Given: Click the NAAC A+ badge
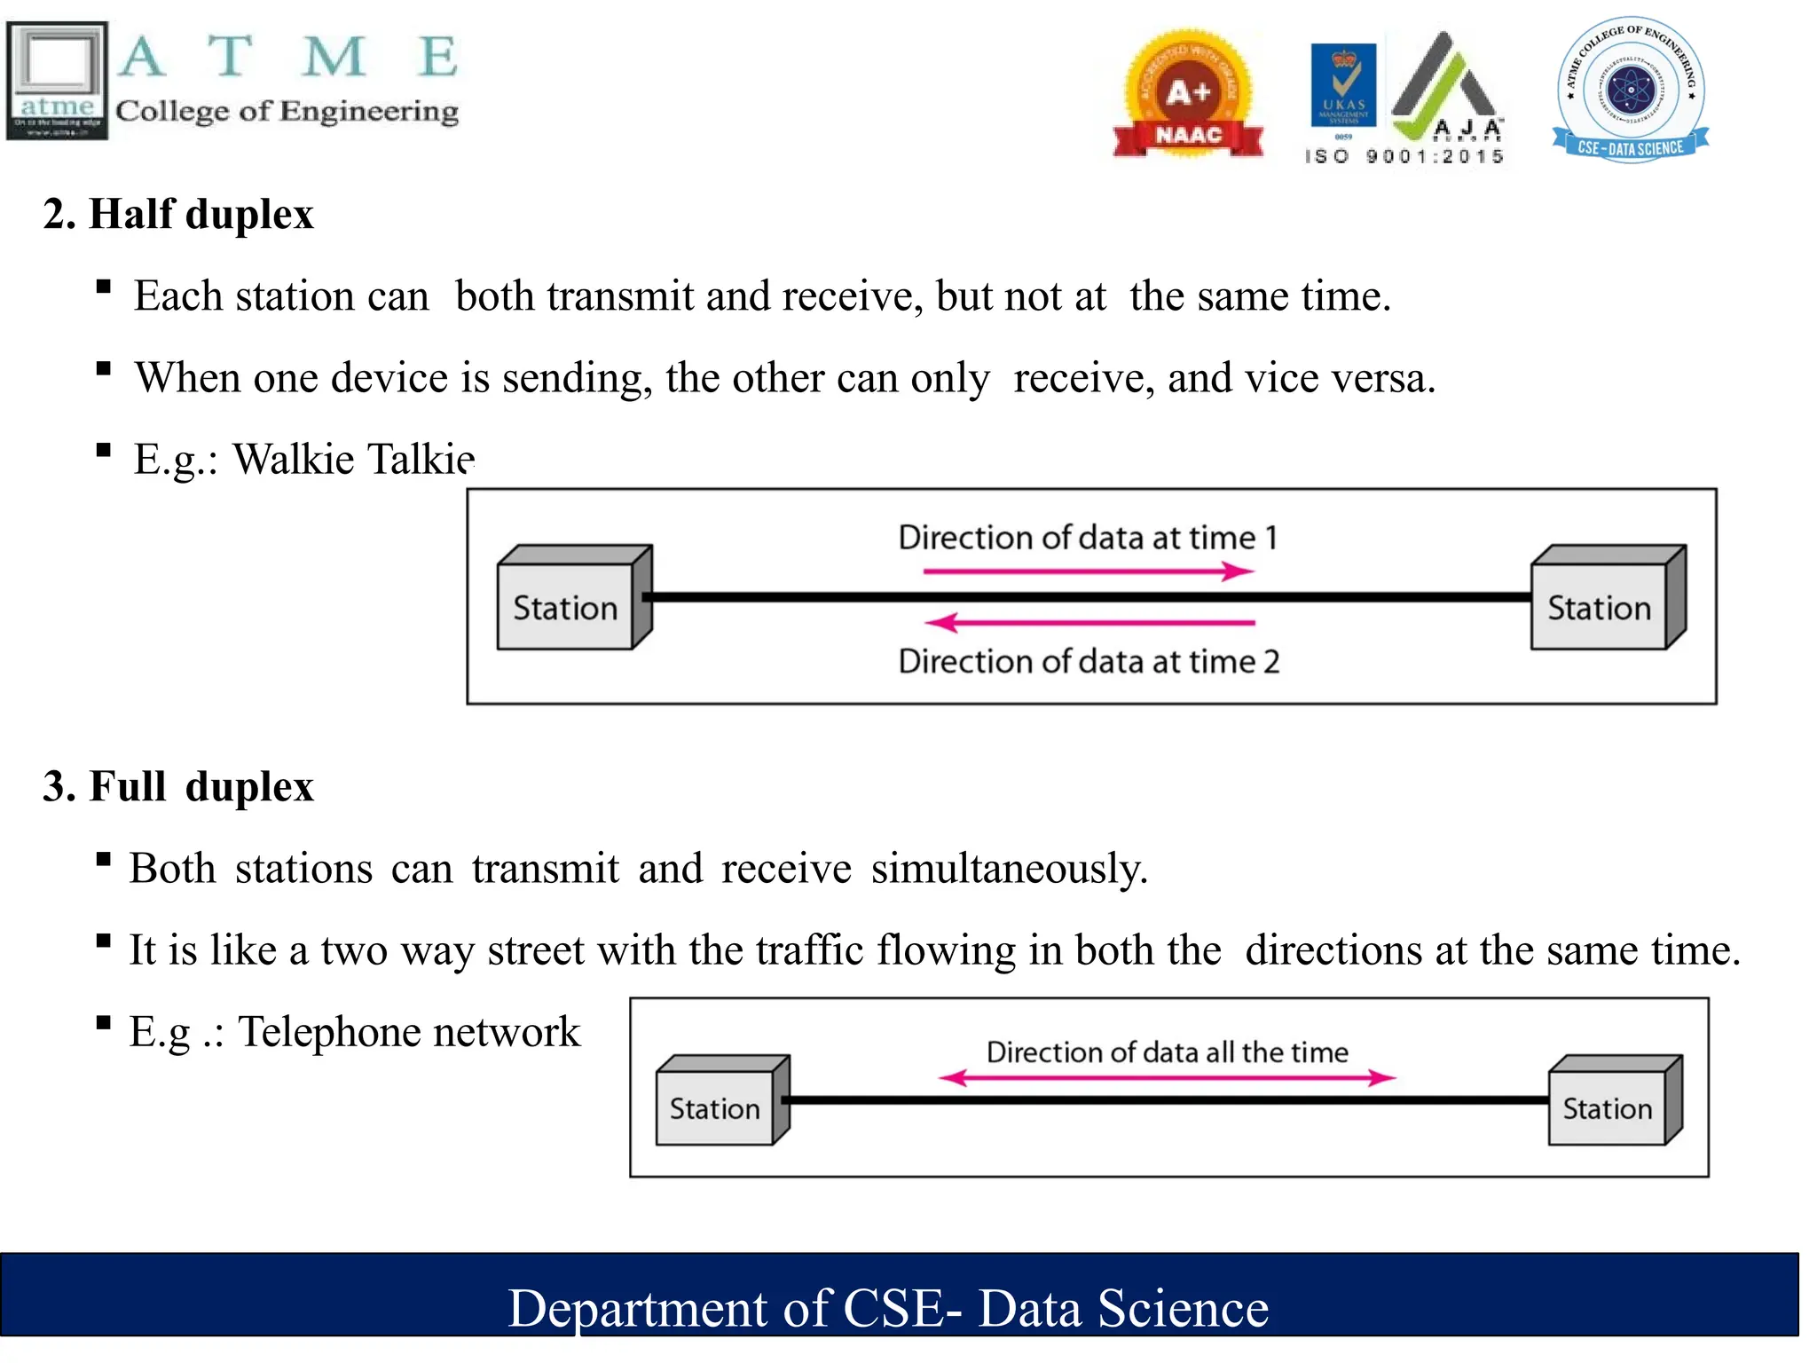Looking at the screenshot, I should pos(1188,95).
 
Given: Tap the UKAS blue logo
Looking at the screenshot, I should pos(1343,85).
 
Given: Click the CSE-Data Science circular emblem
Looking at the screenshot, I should pos(1630,90).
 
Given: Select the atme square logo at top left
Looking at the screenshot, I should pos(58,80).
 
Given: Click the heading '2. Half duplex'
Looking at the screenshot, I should pos(178,215).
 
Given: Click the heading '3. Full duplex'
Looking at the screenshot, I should pos(178,787).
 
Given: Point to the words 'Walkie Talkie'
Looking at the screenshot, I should pos(353,460).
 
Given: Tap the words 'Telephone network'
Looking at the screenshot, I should pos(408,1032).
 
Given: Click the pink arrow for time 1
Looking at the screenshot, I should pos(1088,571).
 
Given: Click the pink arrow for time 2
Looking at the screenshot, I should pos(1088,623).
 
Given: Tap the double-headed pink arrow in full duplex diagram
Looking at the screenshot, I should pos(1167,1078).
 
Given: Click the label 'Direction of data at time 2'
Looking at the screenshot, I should pos(1089,662).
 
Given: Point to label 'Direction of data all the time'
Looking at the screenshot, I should pos(1167,1052).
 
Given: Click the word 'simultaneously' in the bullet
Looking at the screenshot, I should pos(1009,869).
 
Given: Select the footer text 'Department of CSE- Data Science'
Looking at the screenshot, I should pos(887,1308).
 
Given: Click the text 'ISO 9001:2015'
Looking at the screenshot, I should pos(1404,157).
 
